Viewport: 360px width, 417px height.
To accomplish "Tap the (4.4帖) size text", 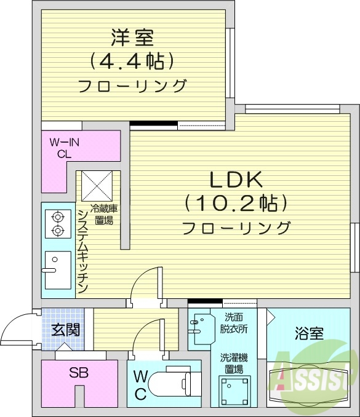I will (132, 60).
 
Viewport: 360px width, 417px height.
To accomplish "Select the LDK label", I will (236, 180).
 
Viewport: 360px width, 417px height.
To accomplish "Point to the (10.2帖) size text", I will (236, 204).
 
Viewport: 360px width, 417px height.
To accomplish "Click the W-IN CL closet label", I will (65, 148).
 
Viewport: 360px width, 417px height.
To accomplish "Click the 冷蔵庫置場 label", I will (102, 214).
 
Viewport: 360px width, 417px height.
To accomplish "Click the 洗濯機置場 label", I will (234, 362).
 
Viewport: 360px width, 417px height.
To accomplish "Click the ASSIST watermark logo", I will (314, 372).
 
